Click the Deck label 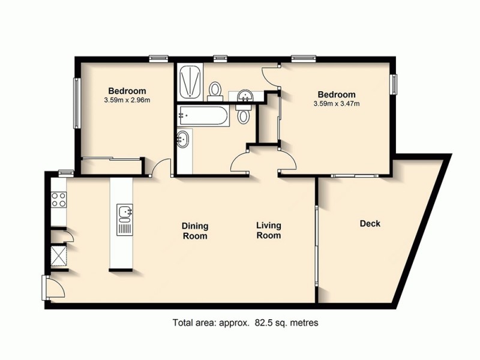[370, 224]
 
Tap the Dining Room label [195, 231]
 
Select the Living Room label [268, 231]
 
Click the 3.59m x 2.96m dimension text [127, 100]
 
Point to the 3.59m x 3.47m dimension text [336, 104]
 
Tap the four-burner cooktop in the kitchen [59, 199]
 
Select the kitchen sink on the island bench [125, 212]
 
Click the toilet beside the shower [214, 91]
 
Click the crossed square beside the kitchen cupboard [59, 256]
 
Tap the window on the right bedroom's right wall [394, 84]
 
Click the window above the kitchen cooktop [65, 173]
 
